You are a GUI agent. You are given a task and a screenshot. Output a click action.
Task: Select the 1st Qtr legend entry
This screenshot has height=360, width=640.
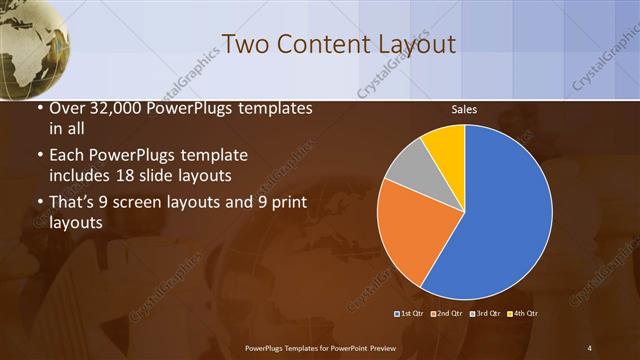pos(411,314)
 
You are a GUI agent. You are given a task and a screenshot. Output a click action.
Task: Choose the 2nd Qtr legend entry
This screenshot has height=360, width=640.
pos(447,314)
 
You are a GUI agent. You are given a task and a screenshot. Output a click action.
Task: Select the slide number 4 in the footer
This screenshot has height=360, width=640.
pos(589,347)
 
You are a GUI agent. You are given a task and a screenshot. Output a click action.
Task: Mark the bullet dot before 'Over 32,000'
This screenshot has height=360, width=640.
pos(38,108)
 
